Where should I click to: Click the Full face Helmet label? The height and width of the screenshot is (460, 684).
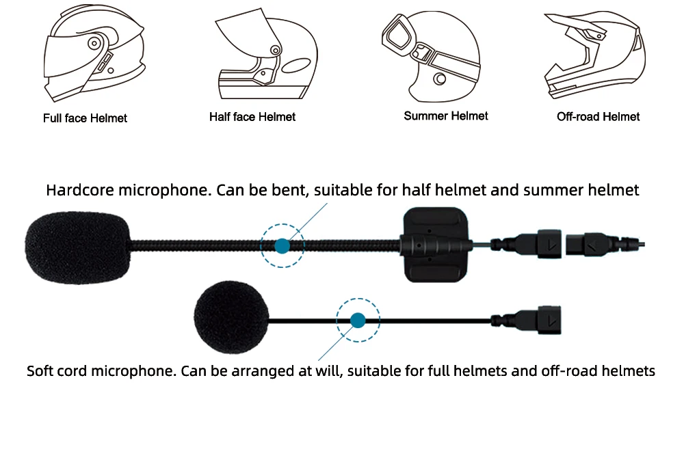point(85,118)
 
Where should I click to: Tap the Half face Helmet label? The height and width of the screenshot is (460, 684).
point(252,117)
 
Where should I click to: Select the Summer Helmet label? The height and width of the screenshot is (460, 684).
point(446,116)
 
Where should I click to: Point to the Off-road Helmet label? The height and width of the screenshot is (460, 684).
point(598,117)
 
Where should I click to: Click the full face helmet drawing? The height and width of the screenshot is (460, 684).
point(94,53)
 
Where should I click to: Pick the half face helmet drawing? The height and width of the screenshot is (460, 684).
point(267,54)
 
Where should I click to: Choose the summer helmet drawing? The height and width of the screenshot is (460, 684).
point(431,56)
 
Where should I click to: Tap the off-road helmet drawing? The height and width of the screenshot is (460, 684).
point(594,55)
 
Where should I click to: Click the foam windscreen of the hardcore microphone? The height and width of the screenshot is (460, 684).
point(78,247)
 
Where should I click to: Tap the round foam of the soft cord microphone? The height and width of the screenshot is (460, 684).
point(231,317)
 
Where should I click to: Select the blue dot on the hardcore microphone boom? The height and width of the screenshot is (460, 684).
point(282,246)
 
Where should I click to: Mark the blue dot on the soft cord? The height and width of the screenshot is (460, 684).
point(358,321)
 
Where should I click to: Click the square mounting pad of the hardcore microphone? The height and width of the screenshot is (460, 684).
point(435,245)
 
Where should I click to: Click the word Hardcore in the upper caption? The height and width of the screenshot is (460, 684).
point(80,190)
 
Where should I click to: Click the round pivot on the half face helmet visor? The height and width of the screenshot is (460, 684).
point(275,50)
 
